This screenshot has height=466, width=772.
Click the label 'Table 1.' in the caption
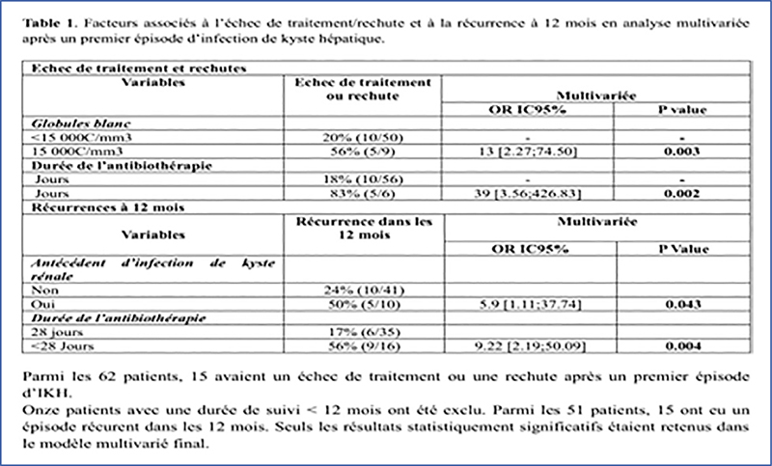[x=45, y=18]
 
